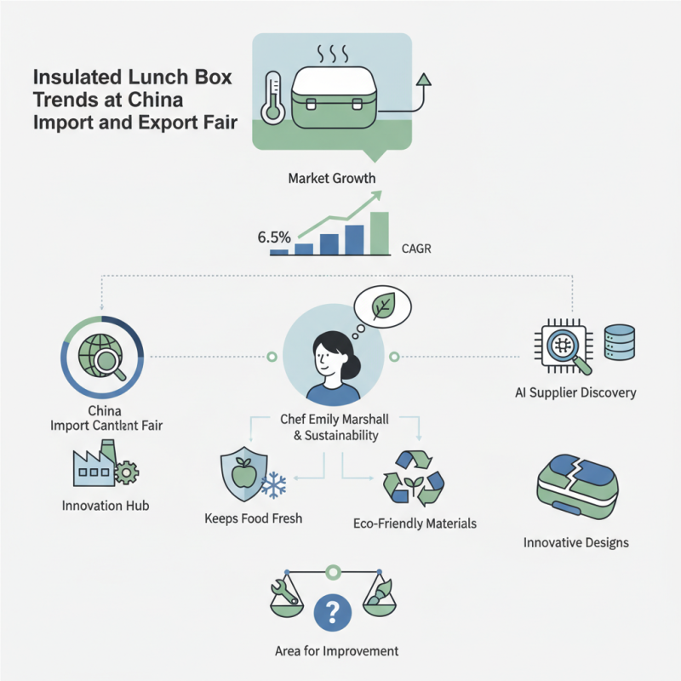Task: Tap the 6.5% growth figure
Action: (274, 237)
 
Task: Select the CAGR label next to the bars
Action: (417, 250)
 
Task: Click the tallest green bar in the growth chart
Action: (380, 232)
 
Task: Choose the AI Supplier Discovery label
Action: (576, 393)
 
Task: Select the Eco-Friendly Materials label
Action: (415, 524)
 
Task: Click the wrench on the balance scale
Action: (283, 587)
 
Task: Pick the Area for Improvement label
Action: (336, 651)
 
